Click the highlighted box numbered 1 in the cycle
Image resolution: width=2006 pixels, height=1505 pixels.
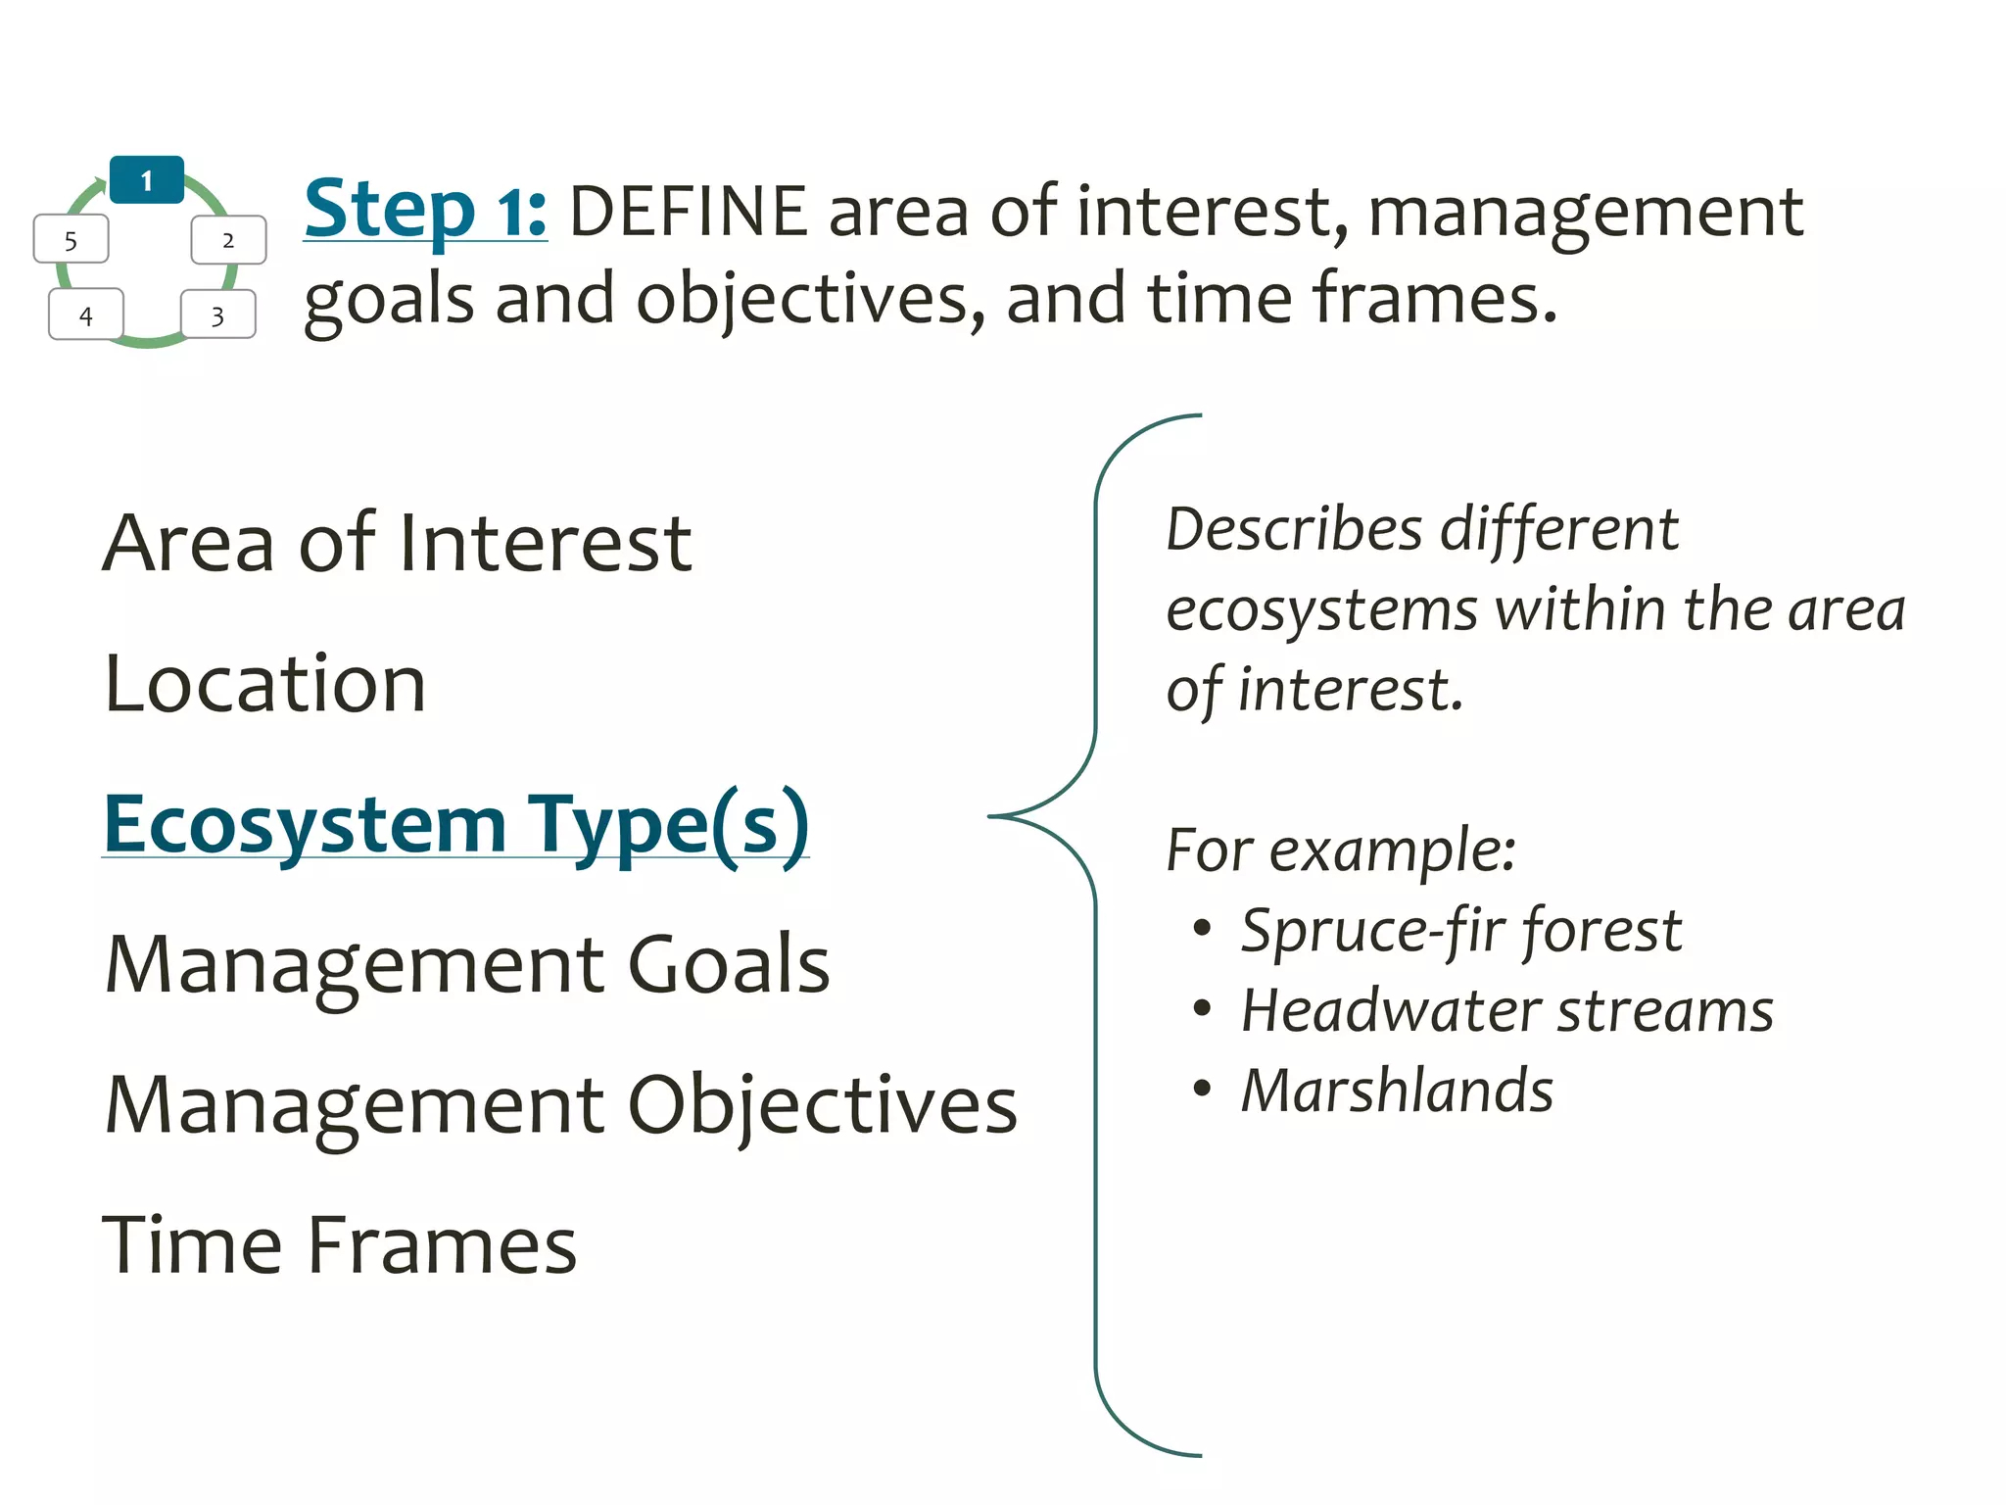pyautogui.click(x=147, y=180)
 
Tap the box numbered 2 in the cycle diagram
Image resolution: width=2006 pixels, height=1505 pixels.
pyautogui.click(x=228, y=240)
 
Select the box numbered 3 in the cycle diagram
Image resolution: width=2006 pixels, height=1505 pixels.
pyautogui.click(x=217, y=316)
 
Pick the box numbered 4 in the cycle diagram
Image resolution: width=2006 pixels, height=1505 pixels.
pyautogui.click(x=86, y=316)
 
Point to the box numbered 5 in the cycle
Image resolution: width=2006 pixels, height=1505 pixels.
pyautogui.click(x=71, y=240)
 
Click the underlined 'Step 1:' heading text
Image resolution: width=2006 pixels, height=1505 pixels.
pyautogui.click(x=425, y=210)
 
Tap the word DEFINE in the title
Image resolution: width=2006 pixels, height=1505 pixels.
pyautogui.click(x=688, y=212)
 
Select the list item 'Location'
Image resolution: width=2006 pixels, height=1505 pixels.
pyautogui.click(x=264, y=684)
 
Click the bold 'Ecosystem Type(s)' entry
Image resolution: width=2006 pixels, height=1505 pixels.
pyautogui.click(x=455, y=825)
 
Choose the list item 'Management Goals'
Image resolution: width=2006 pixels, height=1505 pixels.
pyautogui.click(x=467, y=965)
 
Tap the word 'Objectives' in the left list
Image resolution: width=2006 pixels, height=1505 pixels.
pyautogui.click(x=822, y=1106)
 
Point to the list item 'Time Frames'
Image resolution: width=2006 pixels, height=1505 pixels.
pyautogui.click(x=339, y=1245)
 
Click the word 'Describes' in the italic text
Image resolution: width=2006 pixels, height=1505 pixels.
pyautogui.click(x=1294, y=530)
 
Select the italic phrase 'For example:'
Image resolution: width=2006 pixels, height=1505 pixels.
pyautogui.click(x=1341, y=850)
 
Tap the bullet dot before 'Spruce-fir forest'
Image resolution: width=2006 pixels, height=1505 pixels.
pyautogui.click(x=1203, y=928)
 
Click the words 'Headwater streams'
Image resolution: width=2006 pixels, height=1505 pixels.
pyautogui.click(x=1506, y=1010)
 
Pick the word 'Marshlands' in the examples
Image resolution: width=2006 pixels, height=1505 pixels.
pyautogui.click(x=1397, y=1091)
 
